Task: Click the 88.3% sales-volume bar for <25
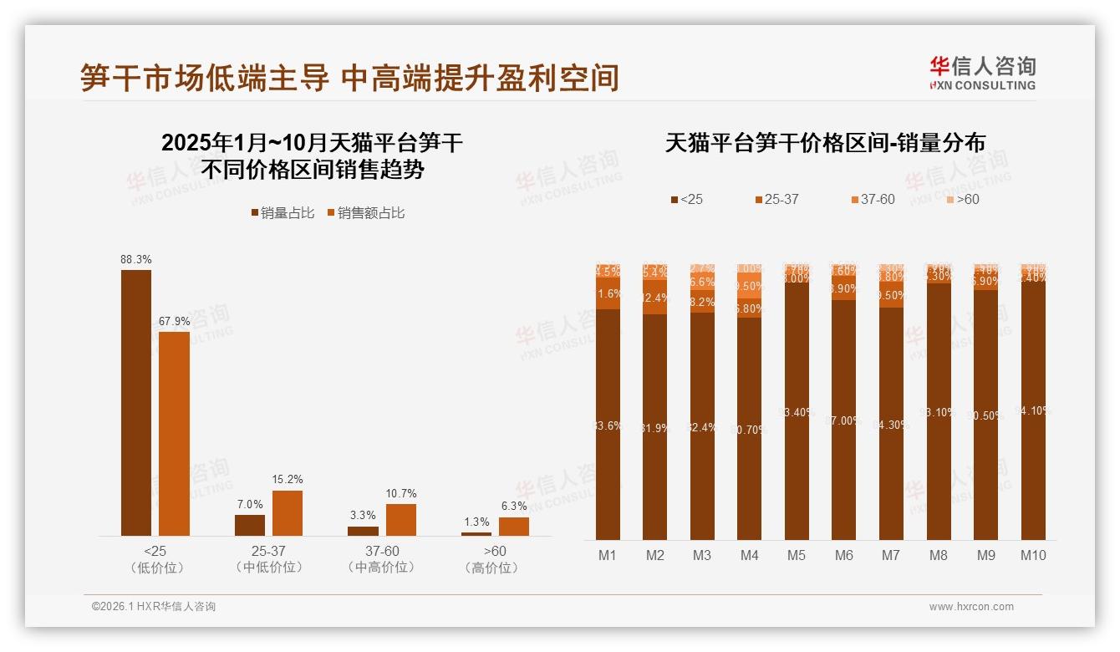[x=136, y=402]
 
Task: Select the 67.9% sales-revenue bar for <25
[x=174, y=433]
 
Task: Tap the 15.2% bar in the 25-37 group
[x=288, y=512]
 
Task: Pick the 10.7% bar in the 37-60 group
[x=400, y=519]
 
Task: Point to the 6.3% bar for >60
[x=513, y=526]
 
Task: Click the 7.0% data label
[x=250, y=504]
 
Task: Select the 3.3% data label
[x=363, y=516]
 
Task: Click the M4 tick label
[x=749, y=555]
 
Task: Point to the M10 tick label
[x=1033, y=555]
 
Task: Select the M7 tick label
[x=891, y=555]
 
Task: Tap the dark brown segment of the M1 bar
[x=608, y=425]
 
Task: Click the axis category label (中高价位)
[x=381, y=568]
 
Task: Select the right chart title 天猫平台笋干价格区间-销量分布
[x=825, y=143]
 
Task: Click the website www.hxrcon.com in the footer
[x=971, y=607]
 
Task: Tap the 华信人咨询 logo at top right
[x=982, y=73]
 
